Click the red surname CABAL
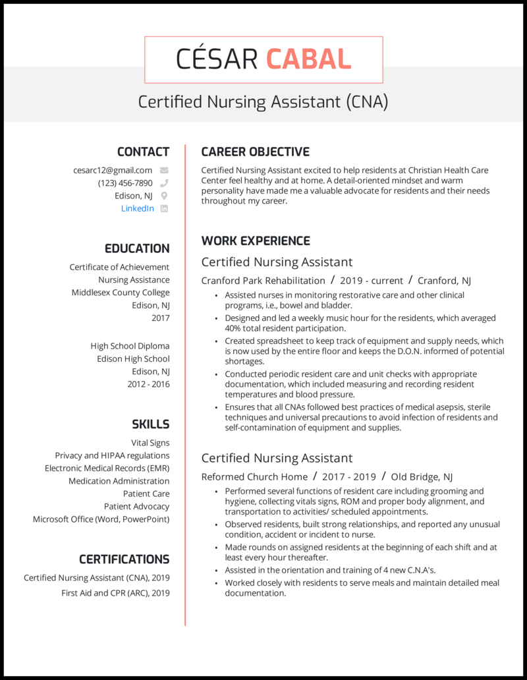(308, 59)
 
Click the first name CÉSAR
(217, 59)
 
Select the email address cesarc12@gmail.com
(113, 170)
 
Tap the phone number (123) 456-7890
(125, 183)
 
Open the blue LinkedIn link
(138, 208)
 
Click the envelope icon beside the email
(164, 170)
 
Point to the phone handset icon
(164, 183)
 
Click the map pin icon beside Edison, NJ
(164, 196)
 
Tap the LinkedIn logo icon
(164, 208)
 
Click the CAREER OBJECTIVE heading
(255, 152)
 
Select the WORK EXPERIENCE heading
(256, 241)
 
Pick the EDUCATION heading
(137, 248)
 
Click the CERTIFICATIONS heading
(124, 559)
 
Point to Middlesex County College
(121, 293)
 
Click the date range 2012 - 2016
(148, 384)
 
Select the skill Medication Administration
(119, 481)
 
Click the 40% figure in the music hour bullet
(233, 328)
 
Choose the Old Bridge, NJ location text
(422, 476)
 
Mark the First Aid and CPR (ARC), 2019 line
(115, 592)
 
